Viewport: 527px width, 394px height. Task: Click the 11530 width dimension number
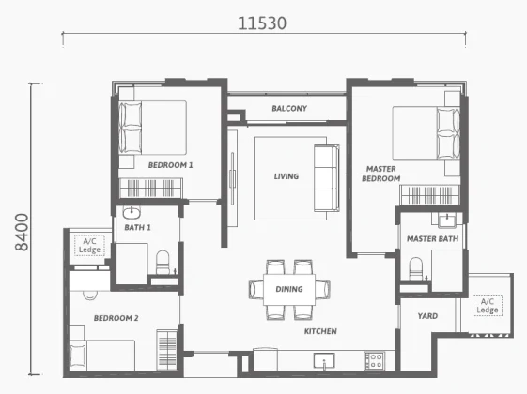tap(262, 23)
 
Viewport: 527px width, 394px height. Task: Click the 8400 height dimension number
tap(23, 232)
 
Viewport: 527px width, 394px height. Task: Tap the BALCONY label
tap(289, 109)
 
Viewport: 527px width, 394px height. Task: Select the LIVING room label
tap(287, 176)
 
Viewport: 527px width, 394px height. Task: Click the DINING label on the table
tap(289, 289)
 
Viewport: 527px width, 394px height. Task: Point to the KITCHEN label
tap(320, 331)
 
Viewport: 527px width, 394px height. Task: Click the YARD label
tap(427, 316)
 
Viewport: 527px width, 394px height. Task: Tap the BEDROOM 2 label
tap(116, 318)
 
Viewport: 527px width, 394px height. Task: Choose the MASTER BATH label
tap(432, 238)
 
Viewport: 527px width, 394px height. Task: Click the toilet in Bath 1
tap(163, 263)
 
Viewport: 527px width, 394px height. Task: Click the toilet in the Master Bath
tap(416, 269)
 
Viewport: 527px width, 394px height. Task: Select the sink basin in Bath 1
tap(132, 212)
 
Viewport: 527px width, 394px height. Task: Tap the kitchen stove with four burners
tap(375, 361)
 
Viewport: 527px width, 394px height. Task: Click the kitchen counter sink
tap(324, 361)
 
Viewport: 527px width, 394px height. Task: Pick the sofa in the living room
tap(327, 178)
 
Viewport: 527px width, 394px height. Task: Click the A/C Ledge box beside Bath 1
tap(89, 246)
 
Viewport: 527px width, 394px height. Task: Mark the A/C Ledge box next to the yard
tap(488, 306)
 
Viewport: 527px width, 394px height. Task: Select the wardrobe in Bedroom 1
tap(151, 188)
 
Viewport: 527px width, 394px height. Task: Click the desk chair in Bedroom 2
tap(90, 295)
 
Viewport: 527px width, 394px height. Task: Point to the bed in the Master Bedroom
tap(426, 133)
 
